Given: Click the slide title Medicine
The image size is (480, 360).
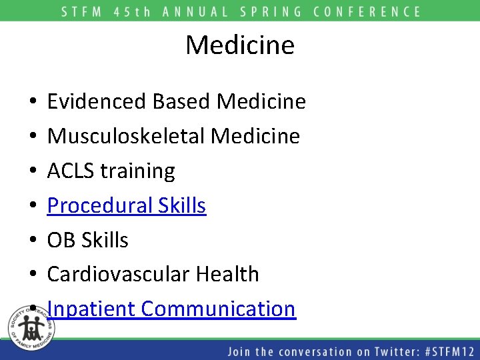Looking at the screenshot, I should pyautogui.click(x=239, y=45).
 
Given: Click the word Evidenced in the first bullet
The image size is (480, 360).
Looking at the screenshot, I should pyautogui.click(x=97, y=101).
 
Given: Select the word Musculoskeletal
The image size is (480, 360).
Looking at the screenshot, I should pyautogui.click(x=126, y=136).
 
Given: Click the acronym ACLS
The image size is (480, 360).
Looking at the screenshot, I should pyautogui.click(x=71, y=171).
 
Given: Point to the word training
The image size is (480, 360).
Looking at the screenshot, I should pyautogui.click(x=138, y=171).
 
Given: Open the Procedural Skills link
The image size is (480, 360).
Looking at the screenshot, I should pyautogui.click(x=127, y=205).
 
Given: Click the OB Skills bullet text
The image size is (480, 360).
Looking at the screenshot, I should pyautogui.click(x=87, y=240).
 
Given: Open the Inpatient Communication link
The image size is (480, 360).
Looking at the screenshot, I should pyautogui.click(x=171, y=309).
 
